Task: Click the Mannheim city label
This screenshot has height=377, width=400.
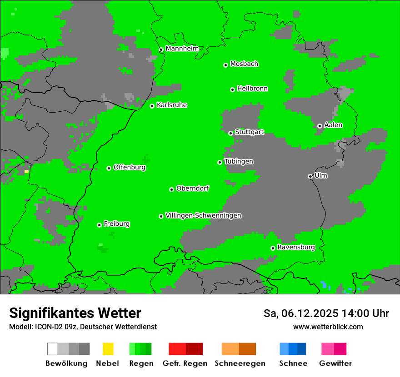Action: click(182, 49)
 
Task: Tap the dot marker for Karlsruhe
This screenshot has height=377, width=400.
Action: click(152, 106)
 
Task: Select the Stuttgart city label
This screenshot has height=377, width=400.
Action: click(249, 132)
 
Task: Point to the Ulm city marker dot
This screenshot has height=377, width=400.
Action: click(310, 176)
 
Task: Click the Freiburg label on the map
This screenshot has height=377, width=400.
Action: click(116, 224)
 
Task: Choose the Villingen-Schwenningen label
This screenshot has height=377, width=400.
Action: click(203, 216)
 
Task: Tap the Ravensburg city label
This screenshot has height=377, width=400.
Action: click(296, 248)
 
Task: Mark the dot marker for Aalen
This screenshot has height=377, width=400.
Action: click(320, 126)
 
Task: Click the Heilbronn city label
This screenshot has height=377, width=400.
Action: click(252, 89)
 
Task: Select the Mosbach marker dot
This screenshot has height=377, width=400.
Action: click(225, 65)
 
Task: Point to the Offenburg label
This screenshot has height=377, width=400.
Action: click(130, 167)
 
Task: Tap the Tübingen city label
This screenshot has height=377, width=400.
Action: click(239, 162)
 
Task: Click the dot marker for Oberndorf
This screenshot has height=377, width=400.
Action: click(171, 189)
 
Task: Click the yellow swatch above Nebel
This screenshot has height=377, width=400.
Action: click(108, 349)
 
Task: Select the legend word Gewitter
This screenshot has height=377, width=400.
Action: click(335, 363)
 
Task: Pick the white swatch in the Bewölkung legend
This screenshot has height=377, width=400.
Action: click(53, 349)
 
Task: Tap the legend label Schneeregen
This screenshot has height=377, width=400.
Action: click(240, 363)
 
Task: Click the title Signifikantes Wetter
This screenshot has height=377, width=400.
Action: click(75, 313)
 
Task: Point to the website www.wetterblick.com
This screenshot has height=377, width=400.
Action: click(328, 327)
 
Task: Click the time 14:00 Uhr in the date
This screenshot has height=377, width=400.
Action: click(363, 313)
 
